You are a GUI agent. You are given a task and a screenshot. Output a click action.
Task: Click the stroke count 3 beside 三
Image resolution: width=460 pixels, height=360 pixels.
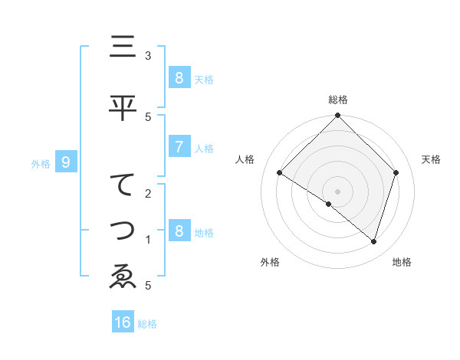click(148, 56)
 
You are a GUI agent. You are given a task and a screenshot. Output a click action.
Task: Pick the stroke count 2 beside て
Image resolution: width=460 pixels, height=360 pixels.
click(148, 193)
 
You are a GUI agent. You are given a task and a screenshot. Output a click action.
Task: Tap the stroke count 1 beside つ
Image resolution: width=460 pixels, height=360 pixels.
click(148, 240)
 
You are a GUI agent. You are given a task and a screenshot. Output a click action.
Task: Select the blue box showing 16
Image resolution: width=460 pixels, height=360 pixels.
click(123, 322)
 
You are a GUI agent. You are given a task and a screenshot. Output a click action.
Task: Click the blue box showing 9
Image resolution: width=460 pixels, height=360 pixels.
click(66, 162)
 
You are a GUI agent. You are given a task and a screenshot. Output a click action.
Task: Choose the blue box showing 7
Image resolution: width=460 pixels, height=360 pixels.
click(179, 147)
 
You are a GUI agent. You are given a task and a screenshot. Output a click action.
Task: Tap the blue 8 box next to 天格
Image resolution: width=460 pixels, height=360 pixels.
click(179, 77)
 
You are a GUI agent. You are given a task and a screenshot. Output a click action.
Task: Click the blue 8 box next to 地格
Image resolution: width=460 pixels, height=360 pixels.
click(179, 231)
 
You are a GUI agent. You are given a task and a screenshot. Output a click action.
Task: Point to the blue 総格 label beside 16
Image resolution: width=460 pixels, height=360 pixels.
click(148, 324)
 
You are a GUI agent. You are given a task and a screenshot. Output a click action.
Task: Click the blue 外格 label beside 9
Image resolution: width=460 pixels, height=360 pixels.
click(41, 163)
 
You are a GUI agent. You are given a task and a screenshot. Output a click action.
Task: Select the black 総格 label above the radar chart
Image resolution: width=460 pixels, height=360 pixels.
click(338, 100)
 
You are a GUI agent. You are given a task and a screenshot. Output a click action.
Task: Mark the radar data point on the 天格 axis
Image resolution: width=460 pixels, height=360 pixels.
click(396, 173)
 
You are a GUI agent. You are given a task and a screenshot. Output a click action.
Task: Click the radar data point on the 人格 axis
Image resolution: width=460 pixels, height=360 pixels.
click(280, 173)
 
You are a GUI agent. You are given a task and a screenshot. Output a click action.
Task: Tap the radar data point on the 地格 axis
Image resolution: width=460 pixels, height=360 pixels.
click(374, 241)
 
